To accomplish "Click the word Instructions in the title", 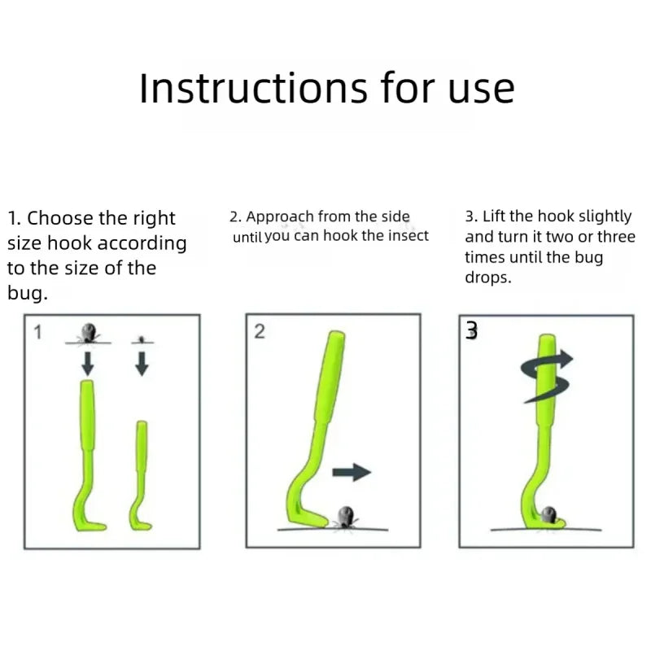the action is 253,88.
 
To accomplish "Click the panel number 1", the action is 37,333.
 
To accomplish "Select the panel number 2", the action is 260,332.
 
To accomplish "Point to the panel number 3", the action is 471,331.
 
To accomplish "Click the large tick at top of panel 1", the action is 89,333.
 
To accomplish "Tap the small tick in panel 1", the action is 142,340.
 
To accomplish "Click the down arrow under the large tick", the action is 88,363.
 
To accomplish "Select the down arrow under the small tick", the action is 142,364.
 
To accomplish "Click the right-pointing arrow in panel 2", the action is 352,472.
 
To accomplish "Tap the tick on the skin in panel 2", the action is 345,518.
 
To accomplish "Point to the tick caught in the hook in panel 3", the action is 548,515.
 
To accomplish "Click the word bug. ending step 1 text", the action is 28,294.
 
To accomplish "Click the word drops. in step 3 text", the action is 488,277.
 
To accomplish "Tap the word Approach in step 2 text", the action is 280,217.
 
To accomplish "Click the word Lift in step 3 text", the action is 494,216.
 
